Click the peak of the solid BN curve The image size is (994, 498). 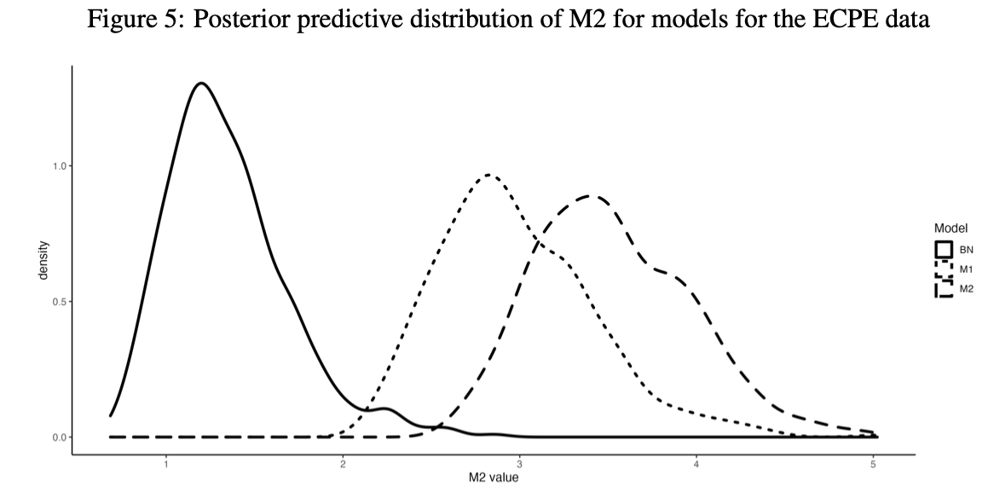201,84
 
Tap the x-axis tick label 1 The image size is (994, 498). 166,465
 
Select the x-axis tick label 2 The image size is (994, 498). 343,465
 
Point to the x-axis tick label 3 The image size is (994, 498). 520,465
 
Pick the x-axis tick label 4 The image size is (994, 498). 696,465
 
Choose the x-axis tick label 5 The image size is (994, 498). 873,465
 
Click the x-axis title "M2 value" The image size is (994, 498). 493,478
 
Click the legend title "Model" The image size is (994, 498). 950,229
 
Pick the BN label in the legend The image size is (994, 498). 966,250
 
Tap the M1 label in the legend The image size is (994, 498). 966,269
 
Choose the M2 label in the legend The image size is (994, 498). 966,289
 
